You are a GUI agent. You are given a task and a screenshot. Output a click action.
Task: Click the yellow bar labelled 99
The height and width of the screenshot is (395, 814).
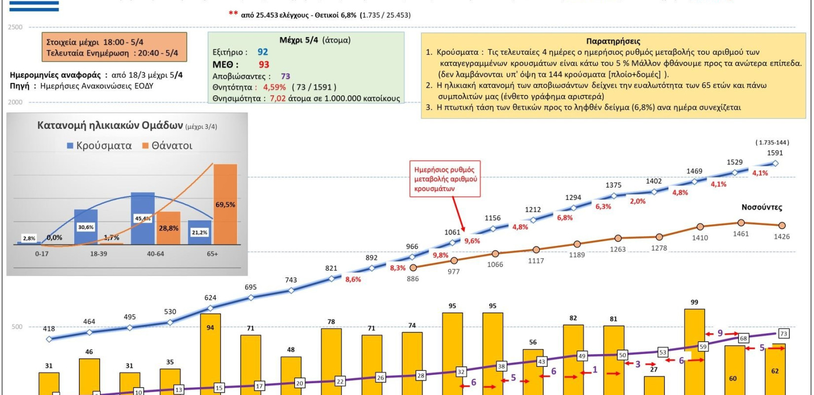pyautogui.click(x=694, y=351)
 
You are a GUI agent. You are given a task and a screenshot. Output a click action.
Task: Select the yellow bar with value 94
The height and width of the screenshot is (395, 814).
pyautogui.click(x=210, y=353)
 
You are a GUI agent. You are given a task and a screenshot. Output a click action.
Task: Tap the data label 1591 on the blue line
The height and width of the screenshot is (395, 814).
pyautogui.click(x=775, y=153)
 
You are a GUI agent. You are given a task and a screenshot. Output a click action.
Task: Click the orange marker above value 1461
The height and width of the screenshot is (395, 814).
pyautogui.click(x=740, y=223)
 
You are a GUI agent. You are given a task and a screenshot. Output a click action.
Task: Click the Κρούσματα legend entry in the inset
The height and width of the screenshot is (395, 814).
pyautogui.click(x=99, y=146)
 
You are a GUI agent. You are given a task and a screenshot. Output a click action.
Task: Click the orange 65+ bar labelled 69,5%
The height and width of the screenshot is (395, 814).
pyautogui.click(x=225, y=204)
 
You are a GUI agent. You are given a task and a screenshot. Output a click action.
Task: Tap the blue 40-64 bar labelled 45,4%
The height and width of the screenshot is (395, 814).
pyautogui.click(x=143, y=218)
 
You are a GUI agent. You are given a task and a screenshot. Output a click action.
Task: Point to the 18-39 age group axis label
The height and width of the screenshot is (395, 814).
pyautogui.click(x=98, y=254)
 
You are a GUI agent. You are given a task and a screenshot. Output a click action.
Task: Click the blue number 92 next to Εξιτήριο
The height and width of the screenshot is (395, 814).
pyautogui.click(x=262, y=52)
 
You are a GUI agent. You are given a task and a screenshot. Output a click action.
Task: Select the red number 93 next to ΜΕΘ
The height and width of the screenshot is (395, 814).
pyautogui.click(x=264, y=65)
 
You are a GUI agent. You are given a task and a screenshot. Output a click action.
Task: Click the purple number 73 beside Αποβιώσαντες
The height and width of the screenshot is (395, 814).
pyautogui.click(x=285, y=77)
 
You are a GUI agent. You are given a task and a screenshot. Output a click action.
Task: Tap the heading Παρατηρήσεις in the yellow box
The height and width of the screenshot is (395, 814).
pyautogui.click(x=613, y=41)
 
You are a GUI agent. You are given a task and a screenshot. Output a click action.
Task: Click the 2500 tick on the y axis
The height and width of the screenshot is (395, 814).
pyautogui.click(x=15, y=27)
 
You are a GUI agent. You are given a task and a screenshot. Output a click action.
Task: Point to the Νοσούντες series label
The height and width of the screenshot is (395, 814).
pyautogui.click(x=761, y=207)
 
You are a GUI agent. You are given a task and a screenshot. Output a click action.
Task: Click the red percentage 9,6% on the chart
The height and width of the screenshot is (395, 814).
pyautogui.click(x=472, y=241)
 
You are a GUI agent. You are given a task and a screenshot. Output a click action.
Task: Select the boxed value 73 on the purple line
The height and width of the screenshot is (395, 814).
pyautogui.click(x=783, y=334)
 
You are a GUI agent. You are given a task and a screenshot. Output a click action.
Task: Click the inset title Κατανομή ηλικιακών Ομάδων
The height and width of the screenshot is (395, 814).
pyautogui.click(x=110, y=125)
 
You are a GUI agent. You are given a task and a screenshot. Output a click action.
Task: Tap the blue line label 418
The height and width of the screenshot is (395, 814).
pyautogui.click(x=49, y=329)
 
